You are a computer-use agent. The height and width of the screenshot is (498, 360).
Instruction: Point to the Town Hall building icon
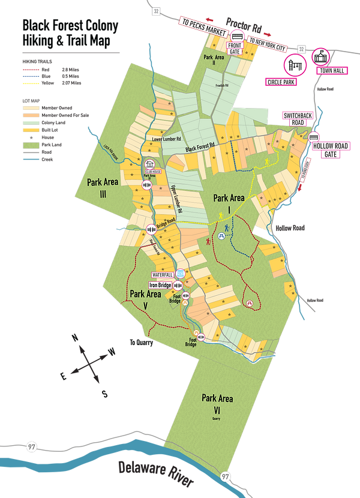point(322,56)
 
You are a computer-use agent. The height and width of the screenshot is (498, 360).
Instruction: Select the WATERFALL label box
point(163,274)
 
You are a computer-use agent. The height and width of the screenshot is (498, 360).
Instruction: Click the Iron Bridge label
point(161,286)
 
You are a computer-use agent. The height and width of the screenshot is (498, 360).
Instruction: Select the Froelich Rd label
point(223,85)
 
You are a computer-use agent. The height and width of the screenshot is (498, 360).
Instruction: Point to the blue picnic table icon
point(221,236)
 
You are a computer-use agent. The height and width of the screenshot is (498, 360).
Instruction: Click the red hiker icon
point(208,241)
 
